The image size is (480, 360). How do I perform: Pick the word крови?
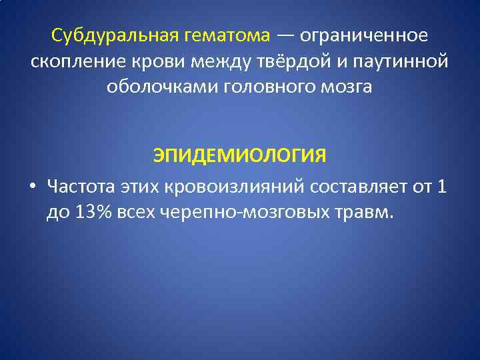tap(161, 61)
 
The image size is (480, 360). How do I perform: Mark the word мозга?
tap(348, 88)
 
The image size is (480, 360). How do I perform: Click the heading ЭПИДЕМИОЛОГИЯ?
tap(240, 155)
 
